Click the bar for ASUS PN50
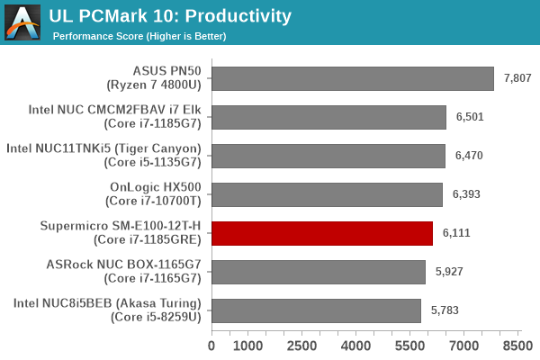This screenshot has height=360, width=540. pyautogui.click(x=353, y=78)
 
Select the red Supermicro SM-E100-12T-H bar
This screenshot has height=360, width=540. pyautogui.click(x=322, y=233)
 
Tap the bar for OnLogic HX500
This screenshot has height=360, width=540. pyautogui.click(x=328, y=194)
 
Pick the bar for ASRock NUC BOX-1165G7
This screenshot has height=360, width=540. pyautogui.click(x=319, y=272)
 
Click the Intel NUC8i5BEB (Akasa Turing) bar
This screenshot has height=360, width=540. pyautogui.click(x=316, y=310)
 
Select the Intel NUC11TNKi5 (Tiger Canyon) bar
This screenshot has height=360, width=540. pyautogui.click(x=328, y=156)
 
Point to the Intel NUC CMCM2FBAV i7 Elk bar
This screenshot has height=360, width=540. pyautogui.click(x=329, y=117)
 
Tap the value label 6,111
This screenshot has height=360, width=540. pyautogui.click(x=457, y=233)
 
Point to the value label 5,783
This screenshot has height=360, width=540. pyautogui.click(x=445, y=310)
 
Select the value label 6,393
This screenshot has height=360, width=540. pyautogui.click(x=467, y=194)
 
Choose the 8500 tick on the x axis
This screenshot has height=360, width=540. pyautogui.click(x=517, y=346)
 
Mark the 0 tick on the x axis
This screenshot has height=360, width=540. pyautogui.click(x=211, y=346)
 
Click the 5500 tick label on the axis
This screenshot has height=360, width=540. pyautogui.click(x=409, y=346)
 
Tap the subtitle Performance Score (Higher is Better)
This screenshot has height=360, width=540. pyautogui.click(x=139, y=36)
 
